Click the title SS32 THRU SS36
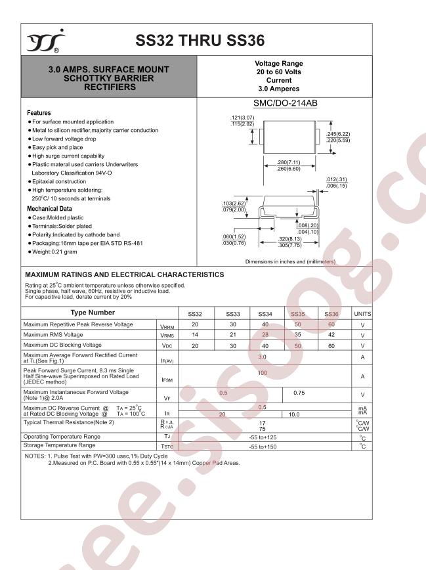(200, 40)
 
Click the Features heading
(39, 113)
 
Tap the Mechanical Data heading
(50, 208)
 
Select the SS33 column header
(233, 314)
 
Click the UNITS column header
(362, 314)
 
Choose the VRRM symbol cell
(167, 326)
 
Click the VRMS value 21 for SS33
(233, 335)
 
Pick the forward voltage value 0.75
(299, 393)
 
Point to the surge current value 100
(263, 373)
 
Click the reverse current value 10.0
(295, 415)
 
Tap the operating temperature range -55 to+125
(263, 437)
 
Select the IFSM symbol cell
(167, 380)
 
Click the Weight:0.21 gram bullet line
(55, 252)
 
